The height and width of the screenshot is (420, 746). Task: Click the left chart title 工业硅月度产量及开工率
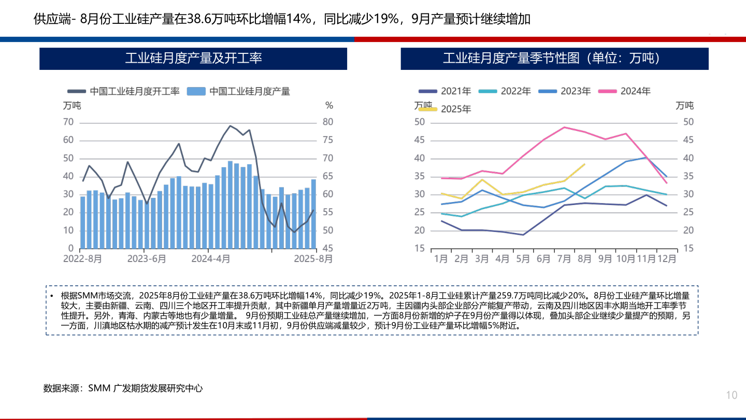[x=193, y=59]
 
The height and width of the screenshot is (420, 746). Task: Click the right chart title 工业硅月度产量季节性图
[x=554, y=59]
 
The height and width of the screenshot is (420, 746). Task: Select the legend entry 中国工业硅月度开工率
[x=129, y=92]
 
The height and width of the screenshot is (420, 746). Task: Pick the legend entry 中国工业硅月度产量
[x=243, y=92]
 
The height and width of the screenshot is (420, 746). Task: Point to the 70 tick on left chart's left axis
[x=68, y=122]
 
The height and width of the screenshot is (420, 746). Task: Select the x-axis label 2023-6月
[x=147, y=258]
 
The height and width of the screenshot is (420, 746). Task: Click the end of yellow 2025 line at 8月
[x=584, y=164]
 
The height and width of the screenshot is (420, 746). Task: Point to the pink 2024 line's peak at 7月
[x=564, y=127]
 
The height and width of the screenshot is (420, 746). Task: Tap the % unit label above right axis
[x=329, y=106]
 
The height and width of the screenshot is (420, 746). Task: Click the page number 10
[x=731, y=396]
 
